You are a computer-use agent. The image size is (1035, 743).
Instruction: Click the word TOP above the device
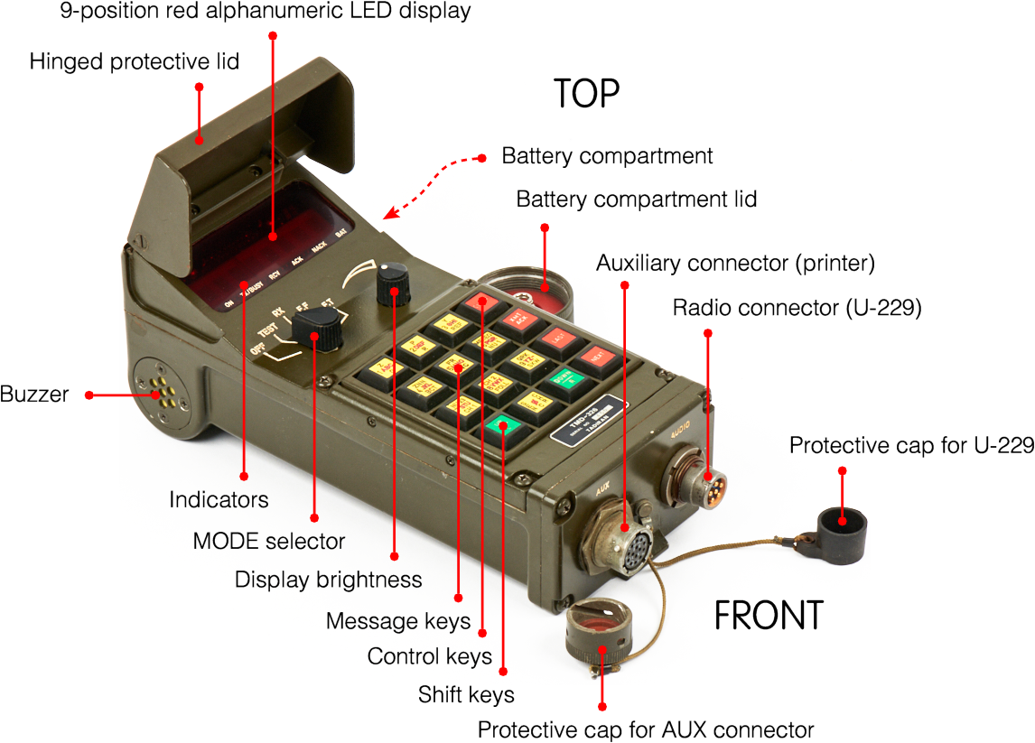(586, 93)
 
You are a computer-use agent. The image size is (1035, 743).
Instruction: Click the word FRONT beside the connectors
(769, 616)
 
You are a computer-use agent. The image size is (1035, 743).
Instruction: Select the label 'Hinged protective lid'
(134, 61)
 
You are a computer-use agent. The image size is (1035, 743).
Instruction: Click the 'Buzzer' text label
(34, 395)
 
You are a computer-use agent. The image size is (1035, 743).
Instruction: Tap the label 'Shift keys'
(466, 694)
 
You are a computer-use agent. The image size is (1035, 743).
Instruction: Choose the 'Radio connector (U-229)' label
(797, 308)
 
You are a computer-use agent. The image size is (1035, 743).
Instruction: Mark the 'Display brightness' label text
(328, 579)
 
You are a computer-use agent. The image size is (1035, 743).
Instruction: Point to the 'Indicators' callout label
(219, 499)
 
